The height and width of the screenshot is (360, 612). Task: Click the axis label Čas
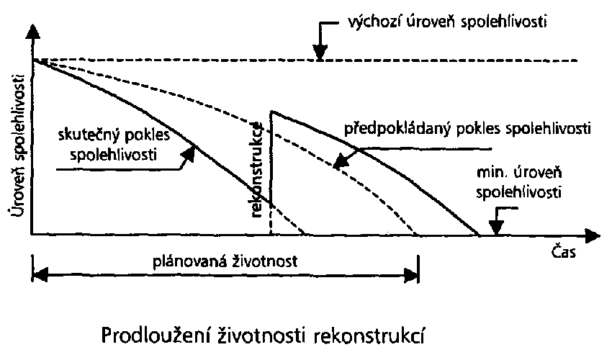(564, 251)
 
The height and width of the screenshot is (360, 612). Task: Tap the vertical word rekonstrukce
(256, 170)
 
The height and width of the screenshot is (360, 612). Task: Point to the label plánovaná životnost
(225, 261)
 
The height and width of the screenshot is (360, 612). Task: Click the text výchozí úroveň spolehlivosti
(447, 22)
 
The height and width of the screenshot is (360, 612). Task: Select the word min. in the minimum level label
(490, 172)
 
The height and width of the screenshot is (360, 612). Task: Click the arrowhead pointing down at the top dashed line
(320, 53)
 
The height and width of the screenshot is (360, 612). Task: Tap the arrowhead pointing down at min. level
(497, 228)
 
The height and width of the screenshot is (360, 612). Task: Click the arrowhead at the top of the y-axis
(33, 31)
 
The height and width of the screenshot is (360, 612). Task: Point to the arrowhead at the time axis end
(593, 235)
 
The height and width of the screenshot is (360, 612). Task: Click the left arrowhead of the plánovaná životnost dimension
(40, 274)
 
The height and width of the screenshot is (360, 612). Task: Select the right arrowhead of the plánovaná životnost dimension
(411, 274)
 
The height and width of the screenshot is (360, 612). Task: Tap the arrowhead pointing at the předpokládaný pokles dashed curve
(341, 161)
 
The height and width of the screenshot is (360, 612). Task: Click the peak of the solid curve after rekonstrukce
(272, 112)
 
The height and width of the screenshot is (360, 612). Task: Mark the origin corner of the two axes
(32, 235)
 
